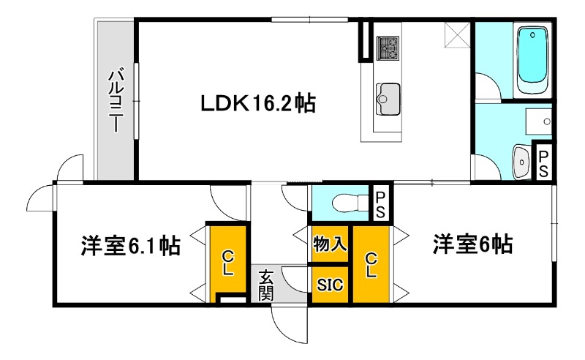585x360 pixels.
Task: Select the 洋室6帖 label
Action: coord(472,244)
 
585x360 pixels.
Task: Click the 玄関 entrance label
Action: coord(266,285)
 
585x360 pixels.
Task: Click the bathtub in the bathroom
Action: coord(531,58)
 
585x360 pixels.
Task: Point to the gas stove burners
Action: coord(388,48)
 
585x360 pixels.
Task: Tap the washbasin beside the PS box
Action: coord(521,160)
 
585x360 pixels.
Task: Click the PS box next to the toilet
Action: coord(382,204)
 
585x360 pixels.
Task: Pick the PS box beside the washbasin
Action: coord(544,160)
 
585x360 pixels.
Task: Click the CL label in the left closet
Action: coord(228,261)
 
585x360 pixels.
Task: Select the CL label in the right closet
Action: coord(371,264)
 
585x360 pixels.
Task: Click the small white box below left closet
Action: coord(232,299)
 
